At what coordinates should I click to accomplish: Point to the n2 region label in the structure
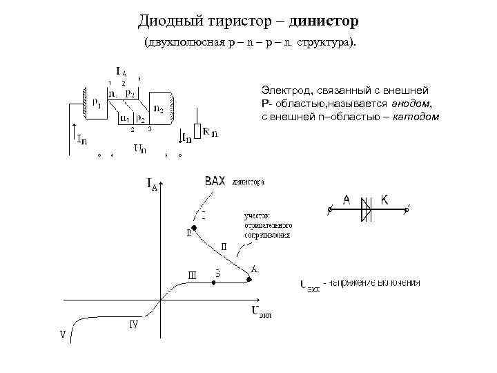coord(158,108)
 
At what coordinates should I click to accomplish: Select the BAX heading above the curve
coord(215,182)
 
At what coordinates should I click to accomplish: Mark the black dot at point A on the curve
coord(249,278)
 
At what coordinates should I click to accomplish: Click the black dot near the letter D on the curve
coord(195,227)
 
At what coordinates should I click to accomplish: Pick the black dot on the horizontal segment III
coord(214,284)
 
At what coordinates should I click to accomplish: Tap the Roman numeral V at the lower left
coord(64,335)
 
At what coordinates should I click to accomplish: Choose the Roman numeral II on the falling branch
coord(224,246)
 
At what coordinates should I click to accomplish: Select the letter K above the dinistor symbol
coord(384,200)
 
